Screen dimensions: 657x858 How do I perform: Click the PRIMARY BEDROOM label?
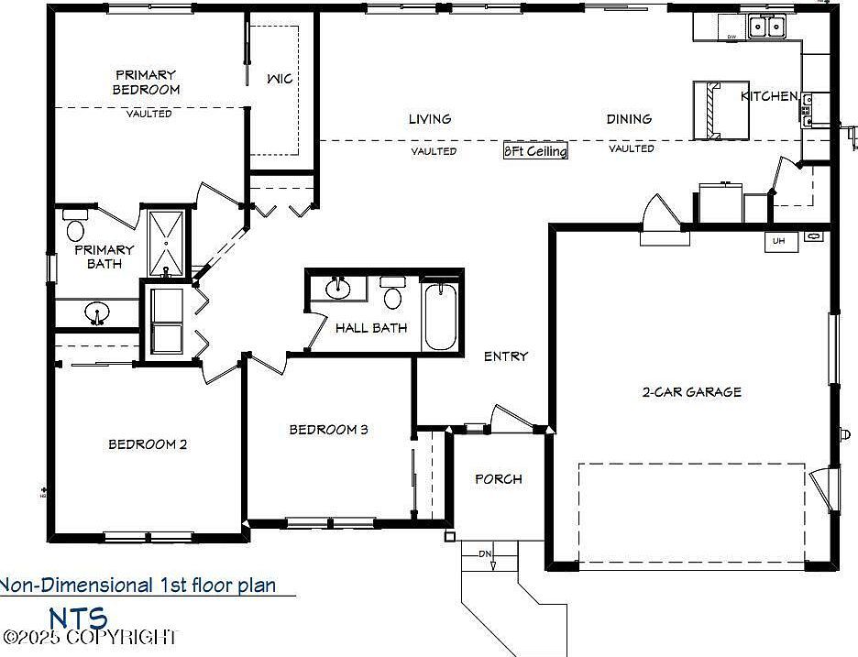(146, 82)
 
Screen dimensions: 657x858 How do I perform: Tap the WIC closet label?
(280, 79)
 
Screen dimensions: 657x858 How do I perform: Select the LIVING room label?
(430, 118)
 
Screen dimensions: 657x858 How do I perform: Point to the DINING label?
(629, 118)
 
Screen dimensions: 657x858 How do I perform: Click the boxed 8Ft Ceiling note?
(535, 151)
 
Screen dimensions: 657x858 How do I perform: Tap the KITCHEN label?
(769, 96)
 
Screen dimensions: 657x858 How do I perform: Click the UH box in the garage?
(779, 241)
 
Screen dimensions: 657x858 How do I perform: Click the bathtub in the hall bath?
(441, 316)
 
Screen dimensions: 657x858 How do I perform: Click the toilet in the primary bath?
(75, 226)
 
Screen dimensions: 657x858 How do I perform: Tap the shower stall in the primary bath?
(166, 243)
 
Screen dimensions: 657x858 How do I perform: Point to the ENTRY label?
(506, 356)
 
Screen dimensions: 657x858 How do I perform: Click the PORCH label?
(499, 478)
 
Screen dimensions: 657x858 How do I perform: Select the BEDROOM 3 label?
(329, 429)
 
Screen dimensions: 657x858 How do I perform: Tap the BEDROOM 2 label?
(148, 444)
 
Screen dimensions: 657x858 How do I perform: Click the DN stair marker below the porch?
(485, 554)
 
